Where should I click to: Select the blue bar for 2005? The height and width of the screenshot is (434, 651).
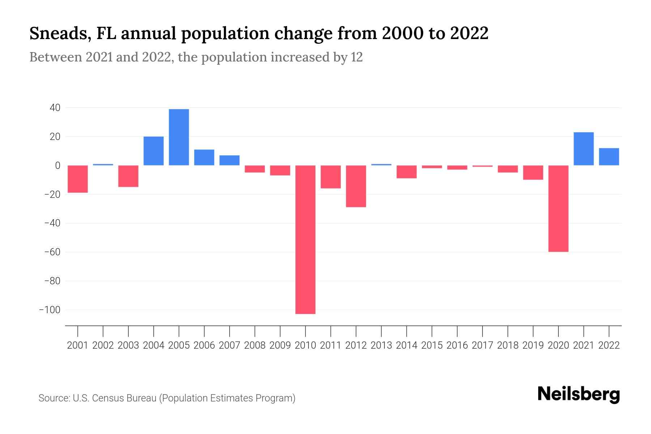pos(179,137)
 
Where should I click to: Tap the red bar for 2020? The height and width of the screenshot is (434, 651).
pos(558,208)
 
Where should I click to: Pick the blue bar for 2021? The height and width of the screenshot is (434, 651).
pos(584,149)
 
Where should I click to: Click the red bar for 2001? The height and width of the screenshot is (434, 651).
pos(78,179)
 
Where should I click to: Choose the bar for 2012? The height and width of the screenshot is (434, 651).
pos(356,186)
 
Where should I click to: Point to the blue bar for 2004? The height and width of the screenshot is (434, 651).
pos(153,151)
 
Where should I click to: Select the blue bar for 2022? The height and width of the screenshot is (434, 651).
pos(609,157)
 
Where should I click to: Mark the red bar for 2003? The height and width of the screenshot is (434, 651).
pos(128,176)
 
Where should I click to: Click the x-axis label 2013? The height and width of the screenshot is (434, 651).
pos(381,345)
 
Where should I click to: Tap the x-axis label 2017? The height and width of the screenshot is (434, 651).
pos(482,345)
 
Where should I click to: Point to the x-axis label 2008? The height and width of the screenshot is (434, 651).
pos(255,345)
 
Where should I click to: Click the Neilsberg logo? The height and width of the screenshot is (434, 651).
pos(578,394)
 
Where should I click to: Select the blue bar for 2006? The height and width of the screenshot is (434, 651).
pos(204,157)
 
